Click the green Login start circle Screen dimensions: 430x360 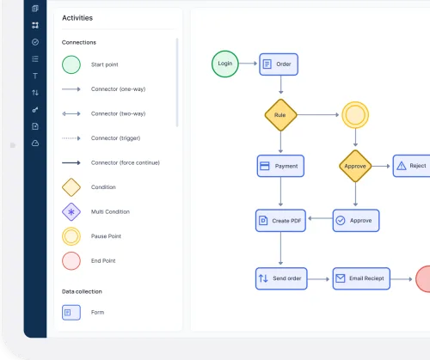coord(225,64)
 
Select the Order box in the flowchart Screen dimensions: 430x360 coord(279,64)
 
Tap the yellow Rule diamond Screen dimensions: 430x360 coord(280,115)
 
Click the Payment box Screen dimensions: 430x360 coord(280,166)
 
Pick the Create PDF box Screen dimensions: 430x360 coord(280,221)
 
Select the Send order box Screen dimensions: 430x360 coord(281,278)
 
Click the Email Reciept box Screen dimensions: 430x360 coord(361,278)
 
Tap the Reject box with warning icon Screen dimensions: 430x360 coord(412,166)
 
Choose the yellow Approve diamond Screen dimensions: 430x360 coord(355,166)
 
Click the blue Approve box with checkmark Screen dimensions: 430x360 coord(356,221)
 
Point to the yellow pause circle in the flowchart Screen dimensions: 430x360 coord(355,115)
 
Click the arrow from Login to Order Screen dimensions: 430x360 coord(249,64)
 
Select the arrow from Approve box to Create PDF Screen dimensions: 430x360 coord(320,218)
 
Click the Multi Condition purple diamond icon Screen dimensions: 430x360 coord(71,212)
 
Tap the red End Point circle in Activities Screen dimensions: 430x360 coord(71,261)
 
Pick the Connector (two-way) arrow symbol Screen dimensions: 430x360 coord(71,113)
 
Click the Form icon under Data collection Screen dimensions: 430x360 coord(71,313)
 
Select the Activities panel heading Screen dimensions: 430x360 coord(77,18)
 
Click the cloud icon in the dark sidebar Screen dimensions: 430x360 coord(35,143)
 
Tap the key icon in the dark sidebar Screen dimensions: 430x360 coord(35,110)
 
